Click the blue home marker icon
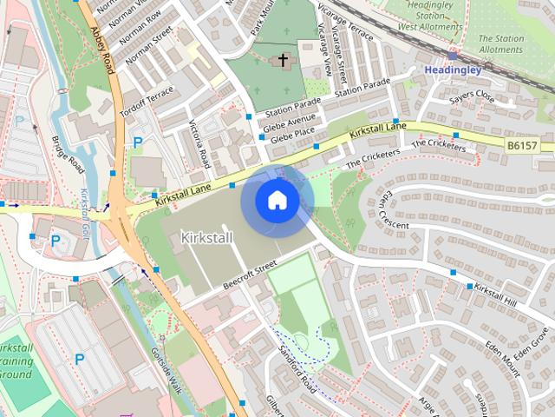[277, 200]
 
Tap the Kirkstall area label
[207, 237]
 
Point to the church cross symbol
[282, 60]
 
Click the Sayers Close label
[471, 96]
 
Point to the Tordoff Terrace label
[140, 106]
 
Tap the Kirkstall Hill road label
[496, 293]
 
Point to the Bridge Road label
[66, 154]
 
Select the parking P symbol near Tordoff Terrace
[137, 142]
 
